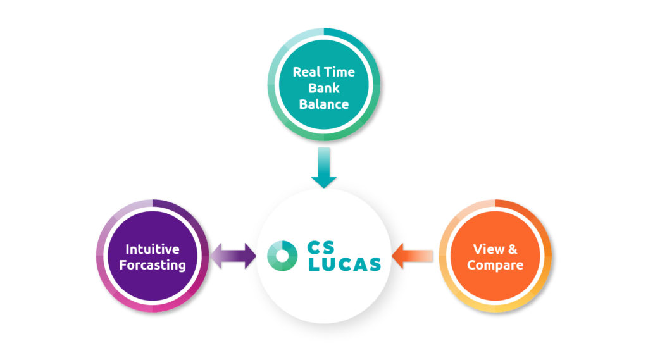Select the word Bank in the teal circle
pos(323,88)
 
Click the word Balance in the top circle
pos(323,104)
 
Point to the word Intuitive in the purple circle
pos(152,249)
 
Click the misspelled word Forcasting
pos(152,264)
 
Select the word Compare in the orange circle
pos(495,264)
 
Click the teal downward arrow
pos(324,168)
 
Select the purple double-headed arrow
pos(233,256)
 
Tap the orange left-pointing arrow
pos(413,256)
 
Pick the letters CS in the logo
pos(325,247)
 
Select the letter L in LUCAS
pos(313,264)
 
